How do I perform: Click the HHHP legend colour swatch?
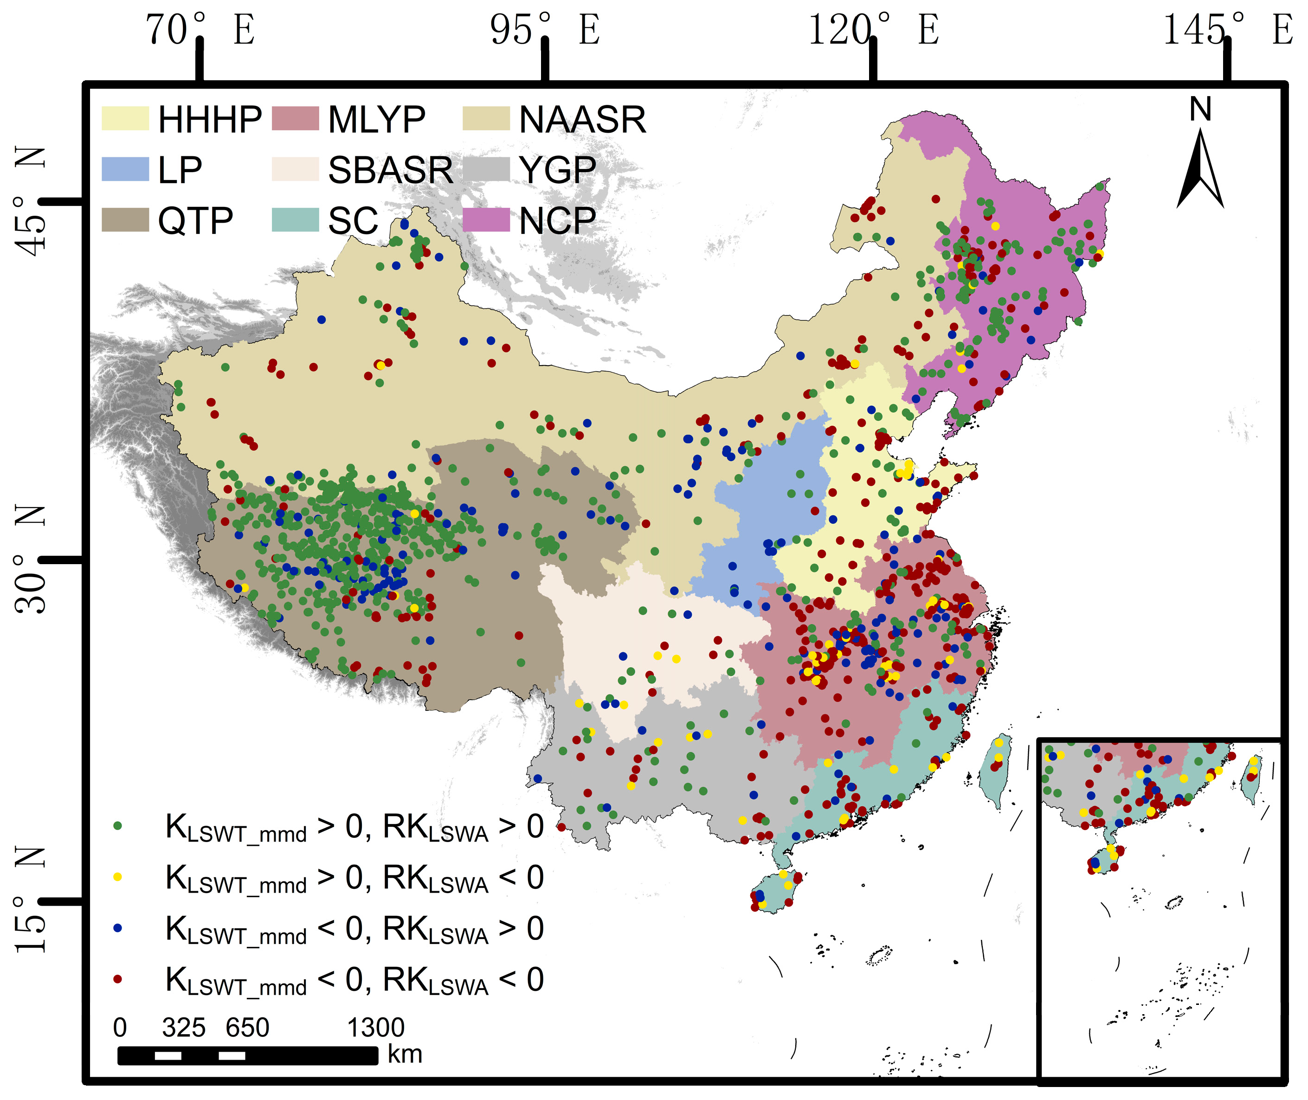(x=125, y=118)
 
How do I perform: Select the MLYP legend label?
(x=377, y=119)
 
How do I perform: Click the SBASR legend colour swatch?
(x=295, y=169)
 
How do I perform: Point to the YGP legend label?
(x=557, y=170)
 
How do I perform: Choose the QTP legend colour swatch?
(x=125, y=220)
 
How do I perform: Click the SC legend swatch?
(x=295, y=220)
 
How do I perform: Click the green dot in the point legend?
(x=117, y=826)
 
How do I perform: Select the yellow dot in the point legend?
(x=117, y=877)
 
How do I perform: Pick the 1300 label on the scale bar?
(x=375, y=1028)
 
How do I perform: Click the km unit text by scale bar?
(x=405, y=1055)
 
